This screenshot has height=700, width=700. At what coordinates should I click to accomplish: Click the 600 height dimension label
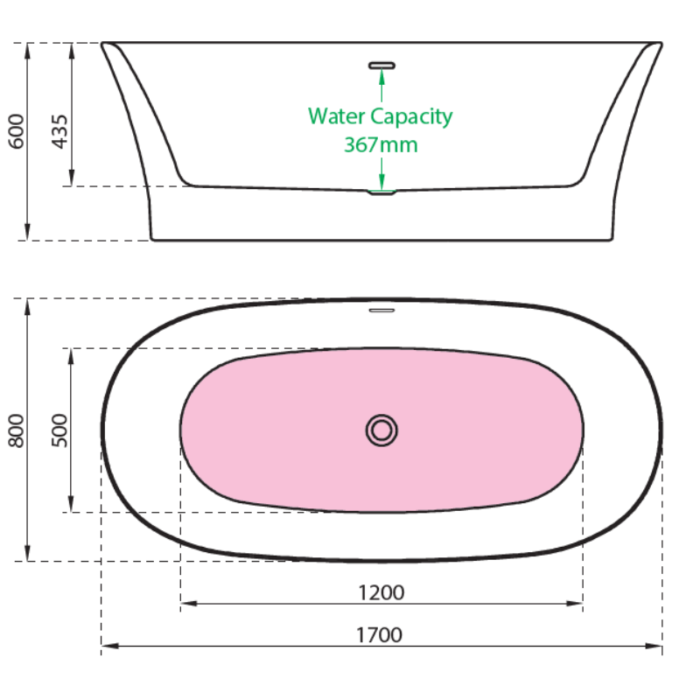pyautogui.click(x=16, y=131)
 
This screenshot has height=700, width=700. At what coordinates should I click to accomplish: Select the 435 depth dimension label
pyautogui.click(x=59, y=131)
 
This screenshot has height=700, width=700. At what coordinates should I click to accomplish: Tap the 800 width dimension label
pyautogui.click(x=16, y=430)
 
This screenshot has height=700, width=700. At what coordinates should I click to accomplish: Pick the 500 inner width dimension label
pyautogui.click(x=59, y=430)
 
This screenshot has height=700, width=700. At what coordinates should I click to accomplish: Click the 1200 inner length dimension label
pyautogui.click(x=381, y=593)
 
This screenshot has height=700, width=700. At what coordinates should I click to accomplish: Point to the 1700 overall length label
pyautogui.click(x=379, y=635)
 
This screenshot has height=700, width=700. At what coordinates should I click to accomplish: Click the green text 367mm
pyautogui.click(x=381, y=144)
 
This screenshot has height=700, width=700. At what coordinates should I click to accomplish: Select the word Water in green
pyautogui.click(x=337, y=116)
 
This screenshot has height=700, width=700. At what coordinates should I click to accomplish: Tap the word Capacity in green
pyautogui.click(x=411, y=117)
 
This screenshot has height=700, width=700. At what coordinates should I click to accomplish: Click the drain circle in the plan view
pyautogui.click(x=381, y=430)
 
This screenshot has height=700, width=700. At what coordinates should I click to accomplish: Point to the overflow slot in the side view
pyautogui.click(x=381, y=66)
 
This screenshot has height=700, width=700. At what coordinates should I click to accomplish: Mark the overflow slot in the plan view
pyautogui.click(x=381, y=311)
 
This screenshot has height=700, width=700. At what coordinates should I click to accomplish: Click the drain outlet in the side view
pyautogui.click(x=381, y=192)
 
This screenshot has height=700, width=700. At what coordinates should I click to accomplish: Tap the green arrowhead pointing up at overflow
pyautogui.click(x=381, y=77)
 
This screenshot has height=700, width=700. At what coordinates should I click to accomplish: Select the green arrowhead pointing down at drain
pyautogui.click(x=381, y=182)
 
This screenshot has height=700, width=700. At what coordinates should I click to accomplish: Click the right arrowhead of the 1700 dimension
pyautogui.click(x=654, y=646)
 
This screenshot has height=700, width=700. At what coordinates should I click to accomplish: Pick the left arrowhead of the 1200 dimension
pyautogui.click(x=189, y=604)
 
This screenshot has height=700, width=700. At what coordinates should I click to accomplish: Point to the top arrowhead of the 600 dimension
pyautogui.click(x=27, y=52)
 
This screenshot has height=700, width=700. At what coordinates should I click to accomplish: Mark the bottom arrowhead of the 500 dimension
pyautogui.click(x=71, y=504)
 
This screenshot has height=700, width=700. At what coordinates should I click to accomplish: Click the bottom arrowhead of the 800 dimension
pyautogui.click(x=27, y=553)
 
